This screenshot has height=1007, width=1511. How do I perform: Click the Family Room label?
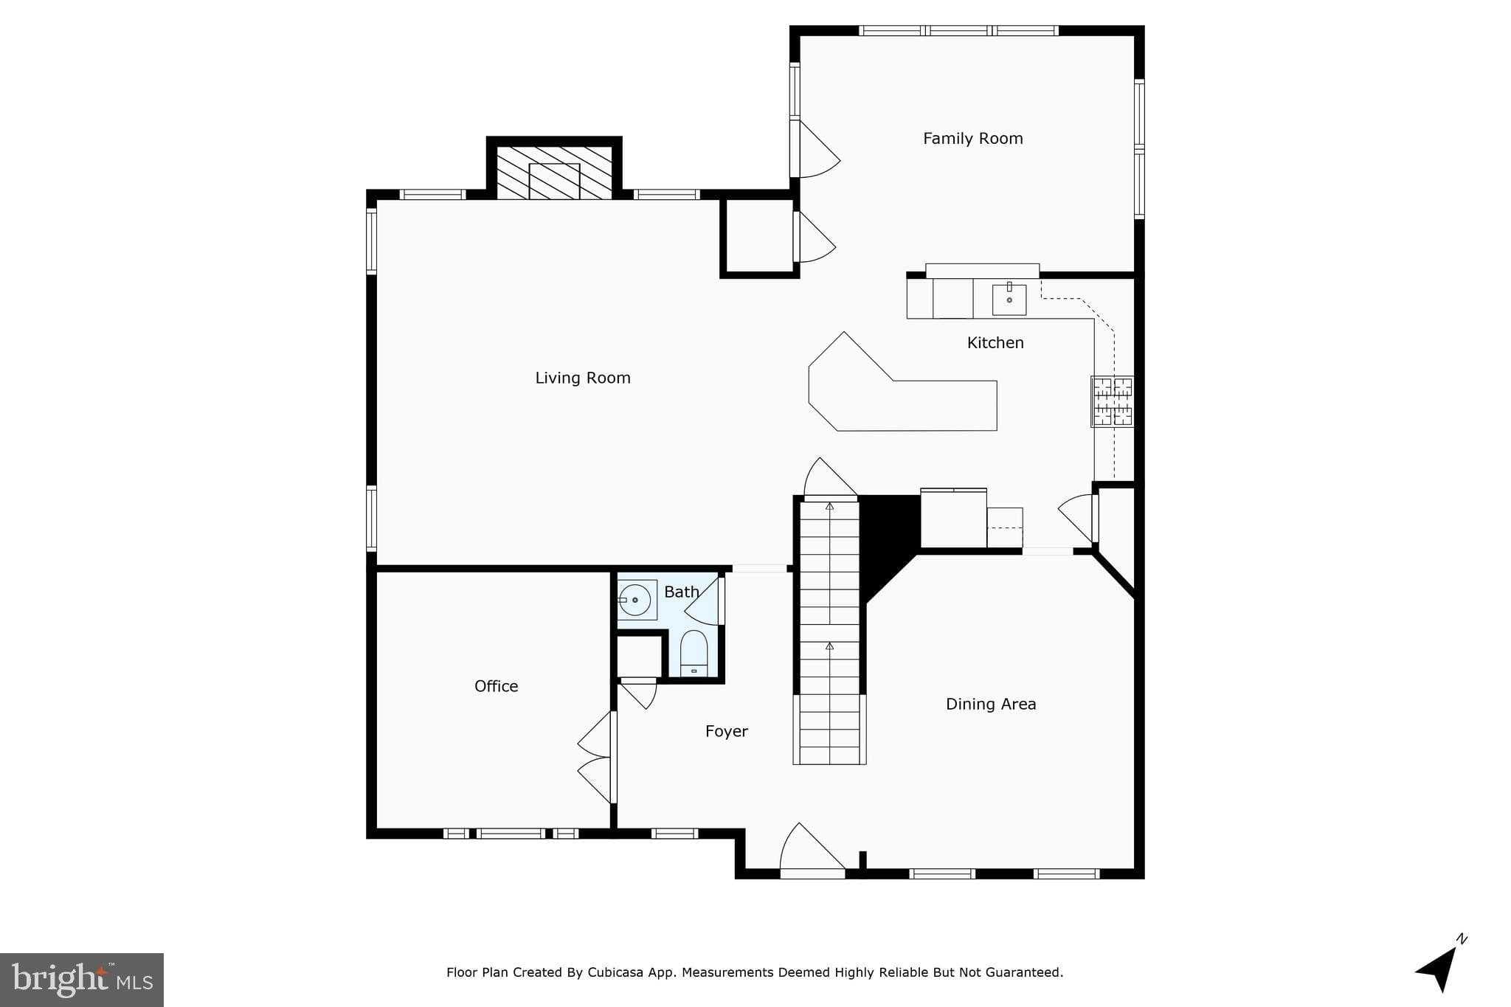click(x=972, y=139)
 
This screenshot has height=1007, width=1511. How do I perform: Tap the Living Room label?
click(x=582, y=378)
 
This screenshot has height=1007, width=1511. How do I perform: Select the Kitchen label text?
click(x=995, y=342)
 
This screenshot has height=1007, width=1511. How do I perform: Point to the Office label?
click(x=496, y=686)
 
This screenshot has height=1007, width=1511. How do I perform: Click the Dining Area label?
click(x=990, y=704)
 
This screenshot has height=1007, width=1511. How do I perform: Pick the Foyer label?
click(x=726, y=731)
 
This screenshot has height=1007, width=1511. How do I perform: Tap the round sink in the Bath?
click(x=636, y=600)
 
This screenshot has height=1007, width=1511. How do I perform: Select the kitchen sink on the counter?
click(x=1009, y=300)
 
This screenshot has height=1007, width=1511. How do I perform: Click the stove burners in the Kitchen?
click(x=1113, y=401)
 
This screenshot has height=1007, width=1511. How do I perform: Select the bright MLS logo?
click(x=82, y=980)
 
